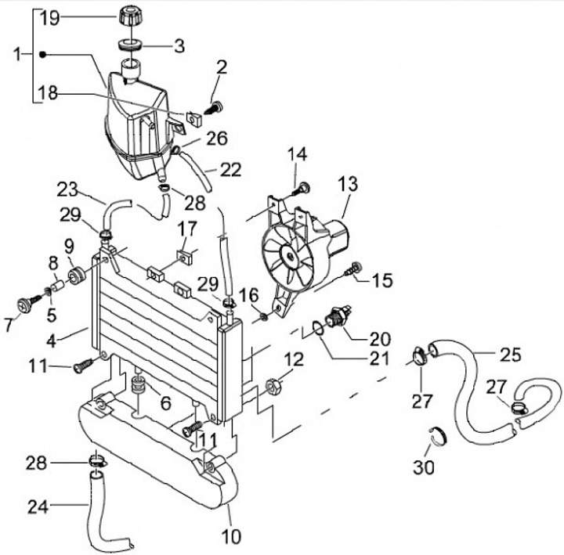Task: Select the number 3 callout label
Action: tap(179, 46)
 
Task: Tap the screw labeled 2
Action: tap(214, 108)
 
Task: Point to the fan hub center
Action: tap(290, 256)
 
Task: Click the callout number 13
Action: tap(348, 183)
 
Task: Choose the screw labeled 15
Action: tap(352, 268)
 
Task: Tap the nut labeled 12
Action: tap(273, 386)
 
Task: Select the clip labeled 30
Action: tap(439, 436)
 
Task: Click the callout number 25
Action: tap(511, 354)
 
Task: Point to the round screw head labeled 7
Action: tap(25, 306)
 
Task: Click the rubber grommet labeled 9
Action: tap(76, 276)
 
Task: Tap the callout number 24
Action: tap(38, 506)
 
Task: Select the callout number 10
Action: tap(231, 537)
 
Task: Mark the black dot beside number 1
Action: tap(42, 55)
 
